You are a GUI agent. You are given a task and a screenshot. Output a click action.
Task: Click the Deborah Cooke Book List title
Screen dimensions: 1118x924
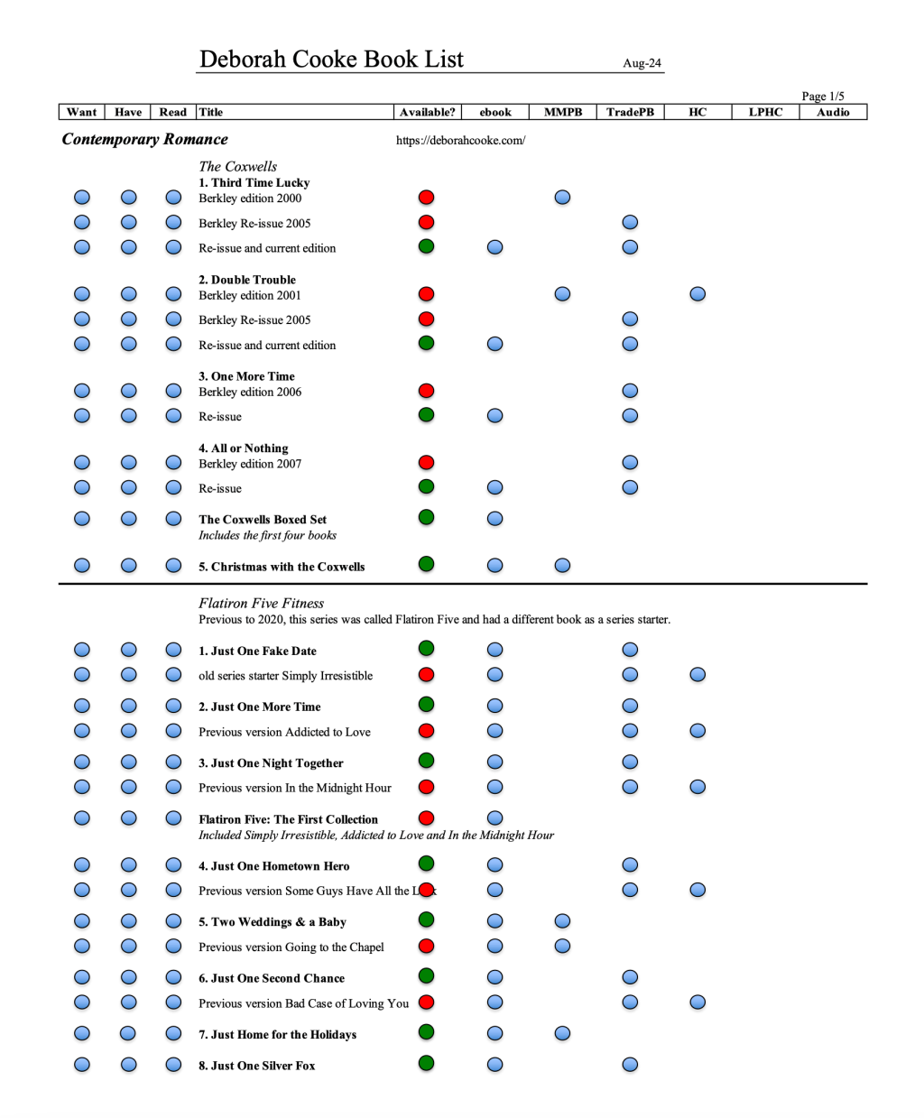point(331,60)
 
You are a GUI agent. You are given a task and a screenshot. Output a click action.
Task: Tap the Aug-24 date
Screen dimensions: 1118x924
point(642,63)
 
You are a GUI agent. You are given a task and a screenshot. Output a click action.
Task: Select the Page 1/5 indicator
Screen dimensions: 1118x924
point(822,97)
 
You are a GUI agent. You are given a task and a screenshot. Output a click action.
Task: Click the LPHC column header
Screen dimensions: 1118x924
point(765,112)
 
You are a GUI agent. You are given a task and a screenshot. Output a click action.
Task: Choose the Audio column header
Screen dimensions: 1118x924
point(833,112)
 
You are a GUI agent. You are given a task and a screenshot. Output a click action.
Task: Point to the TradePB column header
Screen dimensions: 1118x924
point(630,112)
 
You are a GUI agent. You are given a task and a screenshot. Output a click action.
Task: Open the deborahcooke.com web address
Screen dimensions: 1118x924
point(460,141)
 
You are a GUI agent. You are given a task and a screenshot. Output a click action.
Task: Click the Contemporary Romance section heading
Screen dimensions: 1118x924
point(144,139)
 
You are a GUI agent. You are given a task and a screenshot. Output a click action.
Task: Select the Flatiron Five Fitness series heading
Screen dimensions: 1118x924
point(261,603)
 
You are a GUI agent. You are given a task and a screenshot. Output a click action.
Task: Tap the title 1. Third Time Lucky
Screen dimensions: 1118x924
point(254,182)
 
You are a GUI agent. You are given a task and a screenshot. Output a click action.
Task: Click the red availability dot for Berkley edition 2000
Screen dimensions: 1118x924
point(427,197)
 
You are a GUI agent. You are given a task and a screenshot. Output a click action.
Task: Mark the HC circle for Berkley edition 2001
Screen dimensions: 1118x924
point(698,294)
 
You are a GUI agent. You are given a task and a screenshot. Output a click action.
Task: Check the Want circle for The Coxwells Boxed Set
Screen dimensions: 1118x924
point(82,519)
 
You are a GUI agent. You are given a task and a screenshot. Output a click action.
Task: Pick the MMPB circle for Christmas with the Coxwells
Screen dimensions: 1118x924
point(562,566)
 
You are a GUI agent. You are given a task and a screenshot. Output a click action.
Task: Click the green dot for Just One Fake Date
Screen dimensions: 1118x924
point(427,649)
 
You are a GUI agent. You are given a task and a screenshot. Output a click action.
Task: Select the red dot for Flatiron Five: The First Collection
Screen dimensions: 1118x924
point(427,818)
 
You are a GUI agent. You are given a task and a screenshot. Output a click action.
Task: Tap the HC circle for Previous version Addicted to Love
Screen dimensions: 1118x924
point(698,731)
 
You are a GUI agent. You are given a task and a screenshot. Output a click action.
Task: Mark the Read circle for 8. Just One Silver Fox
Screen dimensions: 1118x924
point(173,1065)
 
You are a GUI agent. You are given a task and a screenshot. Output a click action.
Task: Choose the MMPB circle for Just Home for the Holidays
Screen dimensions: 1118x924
point(562,1033)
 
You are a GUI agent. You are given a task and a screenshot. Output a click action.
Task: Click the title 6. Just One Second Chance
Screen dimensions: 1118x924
point(272,978)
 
